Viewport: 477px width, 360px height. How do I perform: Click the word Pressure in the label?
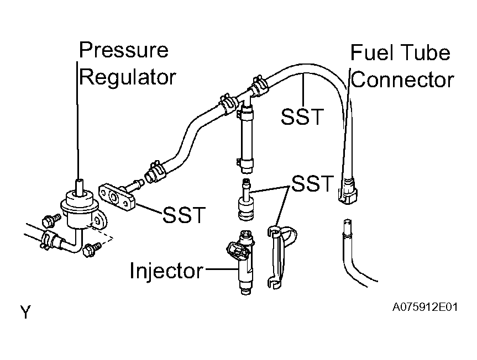pyautogui.click(x=123, y=50)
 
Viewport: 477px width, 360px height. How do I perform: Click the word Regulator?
pyautogui.click(x=128, y=77)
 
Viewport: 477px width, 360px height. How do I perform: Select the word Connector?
pyautogui.click(x=402, y=80)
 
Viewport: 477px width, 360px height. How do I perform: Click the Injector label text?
pyautogui.click(x=166, y=271)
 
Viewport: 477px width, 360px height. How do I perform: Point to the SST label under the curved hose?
pyautogui.click(x=302, y=117)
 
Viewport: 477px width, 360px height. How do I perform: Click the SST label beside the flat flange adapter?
pyautogui.click(x=185, y=215)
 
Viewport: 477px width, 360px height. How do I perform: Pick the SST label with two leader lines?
pyautogui.click(x=312, y=183)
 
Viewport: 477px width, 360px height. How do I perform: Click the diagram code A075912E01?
pyautogui.click(x=425, y=307)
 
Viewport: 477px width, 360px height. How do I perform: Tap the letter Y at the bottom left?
pyautogui.click(x=26, y=312)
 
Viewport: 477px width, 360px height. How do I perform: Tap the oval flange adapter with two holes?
pyautogui.click(x=117, y=198)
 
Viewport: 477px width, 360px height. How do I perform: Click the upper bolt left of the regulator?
pyautogui.click(x=51, y=220)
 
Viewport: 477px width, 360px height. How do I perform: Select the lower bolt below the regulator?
pyautogui.click(x=92, y=249)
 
